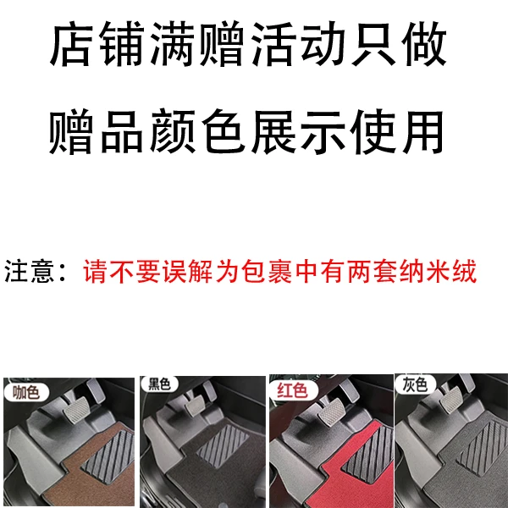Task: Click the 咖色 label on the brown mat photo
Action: pos(26,392)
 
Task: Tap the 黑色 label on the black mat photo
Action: pos(159,384)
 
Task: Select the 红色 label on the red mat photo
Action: pos(292,389)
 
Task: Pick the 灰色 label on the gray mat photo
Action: pos(415,384)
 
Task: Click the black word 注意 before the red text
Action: pos(29,271)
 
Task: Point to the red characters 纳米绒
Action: pos(438,271)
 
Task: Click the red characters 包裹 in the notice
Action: pos(267,271)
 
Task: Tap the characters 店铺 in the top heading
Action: pos(97,44)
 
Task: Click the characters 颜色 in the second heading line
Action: pos(197,131)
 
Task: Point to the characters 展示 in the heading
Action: pos(298,131)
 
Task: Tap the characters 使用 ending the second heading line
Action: pos(397,131)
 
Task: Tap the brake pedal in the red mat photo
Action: pos(332,412)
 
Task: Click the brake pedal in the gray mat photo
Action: pos(450,400)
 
